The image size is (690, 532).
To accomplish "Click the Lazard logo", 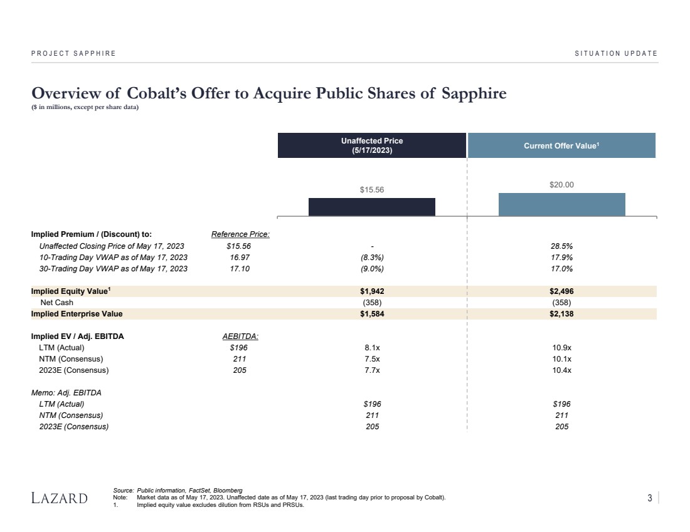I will point(60,498).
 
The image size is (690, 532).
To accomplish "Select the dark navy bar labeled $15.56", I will point(371,207).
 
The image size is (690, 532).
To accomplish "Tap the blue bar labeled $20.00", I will point(561,204).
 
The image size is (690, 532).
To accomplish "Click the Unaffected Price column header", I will point(372,145).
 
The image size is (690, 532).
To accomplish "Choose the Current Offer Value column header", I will point(561,145).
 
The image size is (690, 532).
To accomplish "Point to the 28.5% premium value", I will point(561,246).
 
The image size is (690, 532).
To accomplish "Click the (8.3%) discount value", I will point(372,258).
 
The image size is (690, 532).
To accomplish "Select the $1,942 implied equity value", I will point(372,291).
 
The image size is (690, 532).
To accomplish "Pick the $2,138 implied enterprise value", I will point(561,314).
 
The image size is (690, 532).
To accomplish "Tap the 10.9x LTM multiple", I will point(561,348).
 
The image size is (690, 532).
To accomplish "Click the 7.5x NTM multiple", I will point(372,359).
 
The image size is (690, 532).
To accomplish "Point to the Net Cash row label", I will point(56,303).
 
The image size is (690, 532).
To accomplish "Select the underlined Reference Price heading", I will point(240,234).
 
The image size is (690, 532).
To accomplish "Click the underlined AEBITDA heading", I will point(240,336).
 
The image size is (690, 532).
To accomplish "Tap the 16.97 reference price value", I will point(238,258).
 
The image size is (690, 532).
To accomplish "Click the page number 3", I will point(650,498).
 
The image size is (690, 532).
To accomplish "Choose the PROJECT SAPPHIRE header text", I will point(73,53).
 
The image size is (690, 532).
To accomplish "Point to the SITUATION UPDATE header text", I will point(616,53).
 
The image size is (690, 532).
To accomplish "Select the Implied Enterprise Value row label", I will point(77,314).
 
